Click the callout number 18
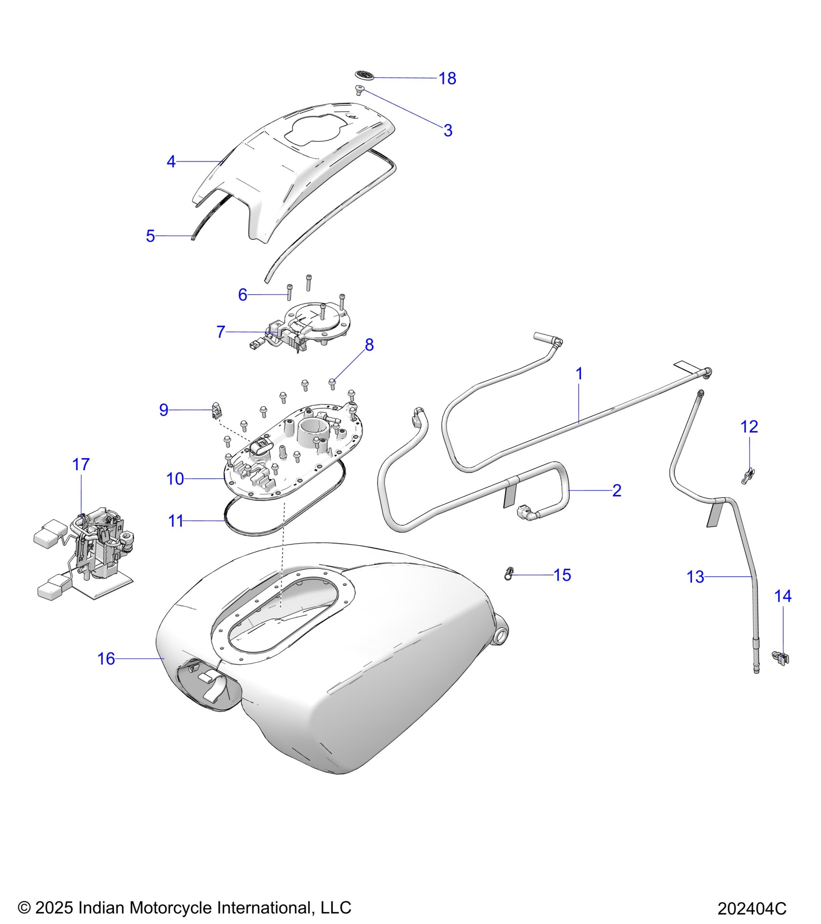(x=447, y=78)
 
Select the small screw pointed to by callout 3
(x=359, y=89)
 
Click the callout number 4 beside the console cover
(x=171, y=162)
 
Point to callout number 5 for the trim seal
(x=150, y=236)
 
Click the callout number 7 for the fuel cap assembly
(x=221, y=332)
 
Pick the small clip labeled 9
(x=217, y=411)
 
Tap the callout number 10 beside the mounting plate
(x=175, y=479)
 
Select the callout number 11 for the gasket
(x=176, y=521)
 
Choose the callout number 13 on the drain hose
(x=695, y=577)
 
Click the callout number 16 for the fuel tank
(x=106, y=659)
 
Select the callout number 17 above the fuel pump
(x=81, y=464)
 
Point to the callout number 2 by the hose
(x=617, y=491)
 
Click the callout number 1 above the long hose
(x=579, y=374)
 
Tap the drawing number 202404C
(x=751, y=909)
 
